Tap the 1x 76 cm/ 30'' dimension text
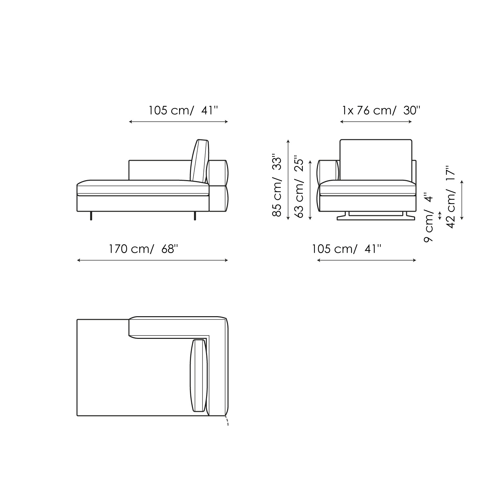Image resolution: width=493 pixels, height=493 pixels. (381, 110)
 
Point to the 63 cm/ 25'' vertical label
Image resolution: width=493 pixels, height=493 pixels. (300, 187)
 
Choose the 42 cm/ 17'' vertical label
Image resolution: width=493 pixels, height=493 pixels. (451, 199)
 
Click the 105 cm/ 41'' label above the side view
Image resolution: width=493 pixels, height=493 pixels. (183, 110)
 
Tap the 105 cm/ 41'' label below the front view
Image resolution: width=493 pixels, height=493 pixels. (347, 249)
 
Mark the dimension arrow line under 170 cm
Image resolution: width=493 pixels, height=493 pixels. (152, 260)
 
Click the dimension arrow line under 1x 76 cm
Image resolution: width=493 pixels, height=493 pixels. (376, 122)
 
